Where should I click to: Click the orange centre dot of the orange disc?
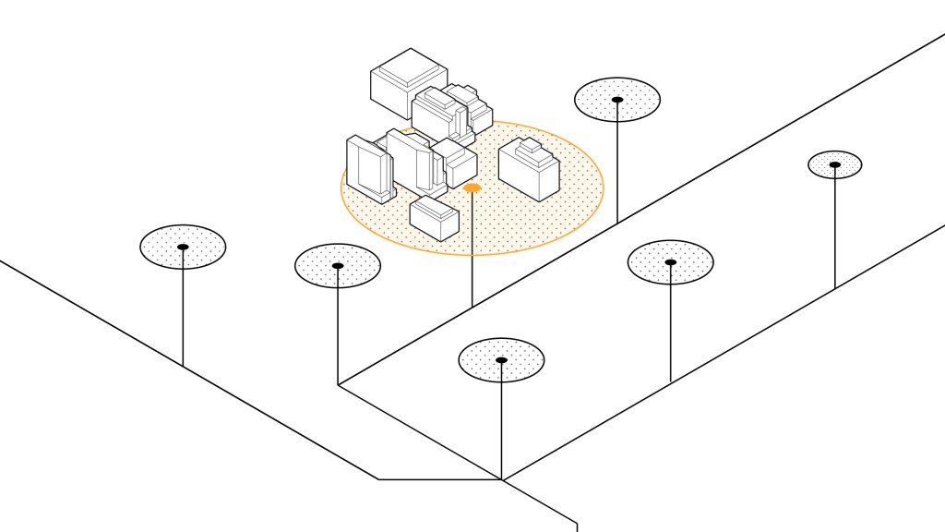(472, 187)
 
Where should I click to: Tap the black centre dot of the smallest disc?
(834, 164)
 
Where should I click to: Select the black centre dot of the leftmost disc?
(183, 247)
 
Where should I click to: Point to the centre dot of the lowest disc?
(501, 359)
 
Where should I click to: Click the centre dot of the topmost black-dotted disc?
(617, 99)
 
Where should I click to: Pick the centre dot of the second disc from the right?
(670, 262)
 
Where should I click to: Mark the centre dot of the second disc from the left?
(338, 266)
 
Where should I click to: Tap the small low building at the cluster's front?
(434, 218)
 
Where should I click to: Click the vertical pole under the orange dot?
(472, 249)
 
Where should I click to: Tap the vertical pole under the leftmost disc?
(183, 309)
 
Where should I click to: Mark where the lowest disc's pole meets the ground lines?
(501, 479)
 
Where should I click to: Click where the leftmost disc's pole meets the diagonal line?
(183, 366)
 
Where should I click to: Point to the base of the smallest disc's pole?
(834, 289)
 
